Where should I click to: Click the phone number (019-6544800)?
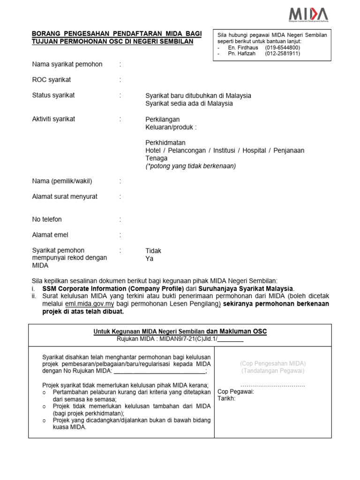point(283,48)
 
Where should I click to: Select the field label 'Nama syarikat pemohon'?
point(67,64)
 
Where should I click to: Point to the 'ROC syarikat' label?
point(52,80)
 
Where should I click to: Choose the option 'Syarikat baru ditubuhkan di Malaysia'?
point(198,96)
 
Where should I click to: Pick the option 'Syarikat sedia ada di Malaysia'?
point(189,104)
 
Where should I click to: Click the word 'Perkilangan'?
point(163,119)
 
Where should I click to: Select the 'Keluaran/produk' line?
point(171,127)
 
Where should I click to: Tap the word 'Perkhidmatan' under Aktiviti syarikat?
point(165,142)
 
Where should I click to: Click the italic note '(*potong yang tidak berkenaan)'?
point(191,166)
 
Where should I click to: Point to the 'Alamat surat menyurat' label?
point(65,197)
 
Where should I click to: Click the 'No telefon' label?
point(47,219)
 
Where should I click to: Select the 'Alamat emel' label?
point(48,235)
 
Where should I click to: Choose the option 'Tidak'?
point(153,251)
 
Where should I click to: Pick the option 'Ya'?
point(150,259)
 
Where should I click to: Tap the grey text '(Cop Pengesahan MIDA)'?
point(273,363)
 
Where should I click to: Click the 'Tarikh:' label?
point(227,399)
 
